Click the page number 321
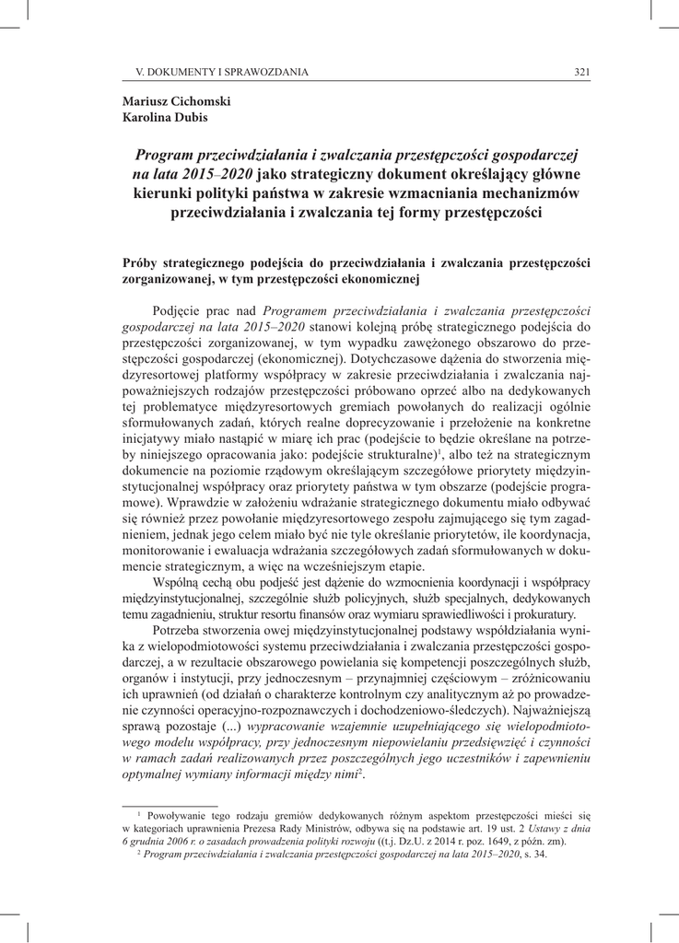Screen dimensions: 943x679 coord(581,72)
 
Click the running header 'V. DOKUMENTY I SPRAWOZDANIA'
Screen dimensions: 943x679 coord(221,72)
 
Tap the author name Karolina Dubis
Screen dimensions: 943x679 coord(164,117)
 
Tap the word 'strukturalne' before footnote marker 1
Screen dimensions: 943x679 coord(392,456)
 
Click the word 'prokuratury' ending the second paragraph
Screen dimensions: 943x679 coord(544,614)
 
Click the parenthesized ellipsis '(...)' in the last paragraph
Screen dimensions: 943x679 coord(228,728)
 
